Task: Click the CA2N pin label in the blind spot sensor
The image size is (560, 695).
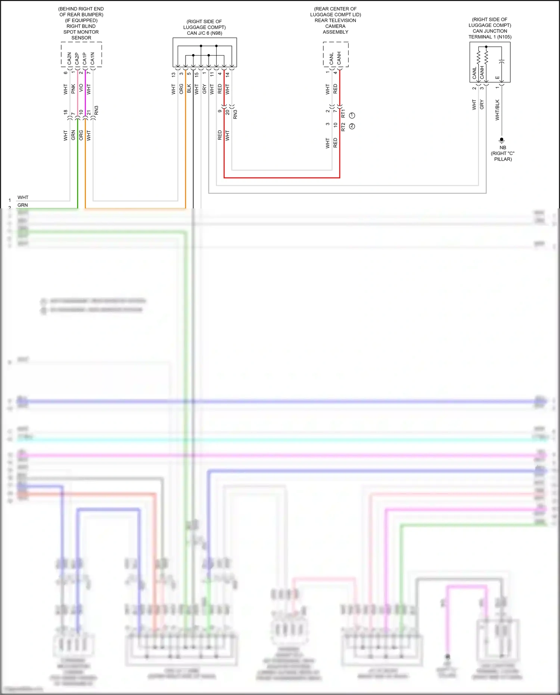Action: [x=69, y=58]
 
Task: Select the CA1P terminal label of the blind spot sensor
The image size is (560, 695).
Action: [x=85, y=58]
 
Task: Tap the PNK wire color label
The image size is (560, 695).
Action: [x=73, y=89]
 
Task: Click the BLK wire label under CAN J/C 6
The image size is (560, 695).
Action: [x=189, y=89]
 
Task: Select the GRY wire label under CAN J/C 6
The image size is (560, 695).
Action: [x=204, y=89]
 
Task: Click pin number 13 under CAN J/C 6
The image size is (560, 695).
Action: [x=174, y=75]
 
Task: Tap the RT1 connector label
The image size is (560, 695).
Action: [x=343, y=114]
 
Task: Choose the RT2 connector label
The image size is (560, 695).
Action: [x=343, y=127]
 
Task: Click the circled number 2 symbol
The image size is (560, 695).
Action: [x=352, y=126]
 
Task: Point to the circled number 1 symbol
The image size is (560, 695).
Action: [x=352, y=115]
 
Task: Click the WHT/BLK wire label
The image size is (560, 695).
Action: [x=497, y=110]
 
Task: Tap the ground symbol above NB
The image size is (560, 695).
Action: [x=502, y=140]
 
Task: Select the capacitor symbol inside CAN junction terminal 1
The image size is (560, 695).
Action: [x=502, y=61]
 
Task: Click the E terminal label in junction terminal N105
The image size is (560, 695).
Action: [x=497, y=78]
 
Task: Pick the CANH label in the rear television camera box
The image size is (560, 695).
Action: [x=339, y=58]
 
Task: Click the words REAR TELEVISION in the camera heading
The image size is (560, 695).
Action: [x=335, y=21]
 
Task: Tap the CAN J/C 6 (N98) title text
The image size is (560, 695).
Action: [x=205, y=33]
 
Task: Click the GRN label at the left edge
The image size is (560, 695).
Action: [x=23, y=205]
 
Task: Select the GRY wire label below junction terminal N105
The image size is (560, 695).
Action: [x=482, y=105]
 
